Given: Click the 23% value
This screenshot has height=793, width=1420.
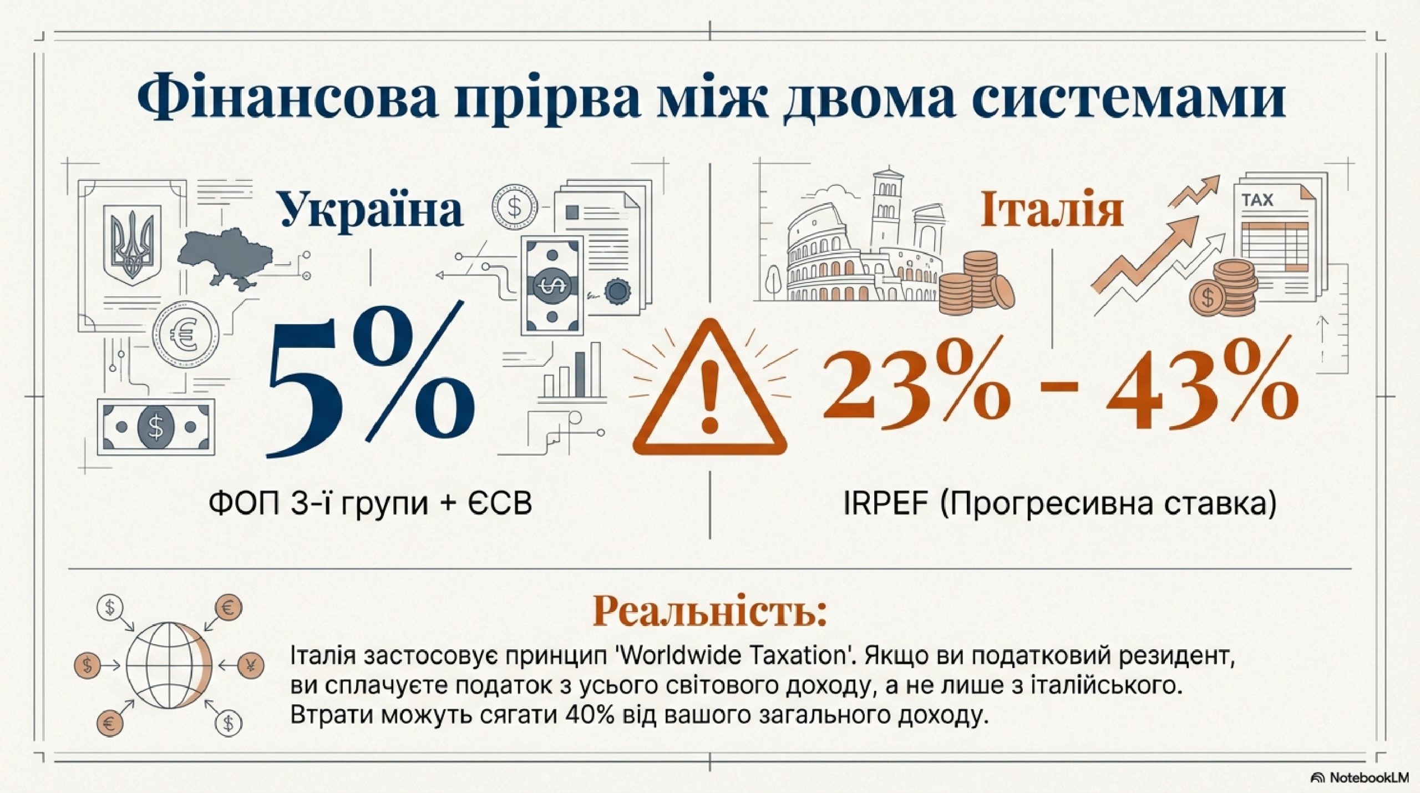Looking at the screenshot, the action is click(915, 383).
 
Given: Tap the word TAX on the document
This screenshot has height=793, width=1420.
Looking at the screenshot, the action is click(1257, 200).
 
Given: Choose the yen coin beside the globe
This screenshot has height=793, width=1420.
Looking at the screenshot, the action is click(255, 664).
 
